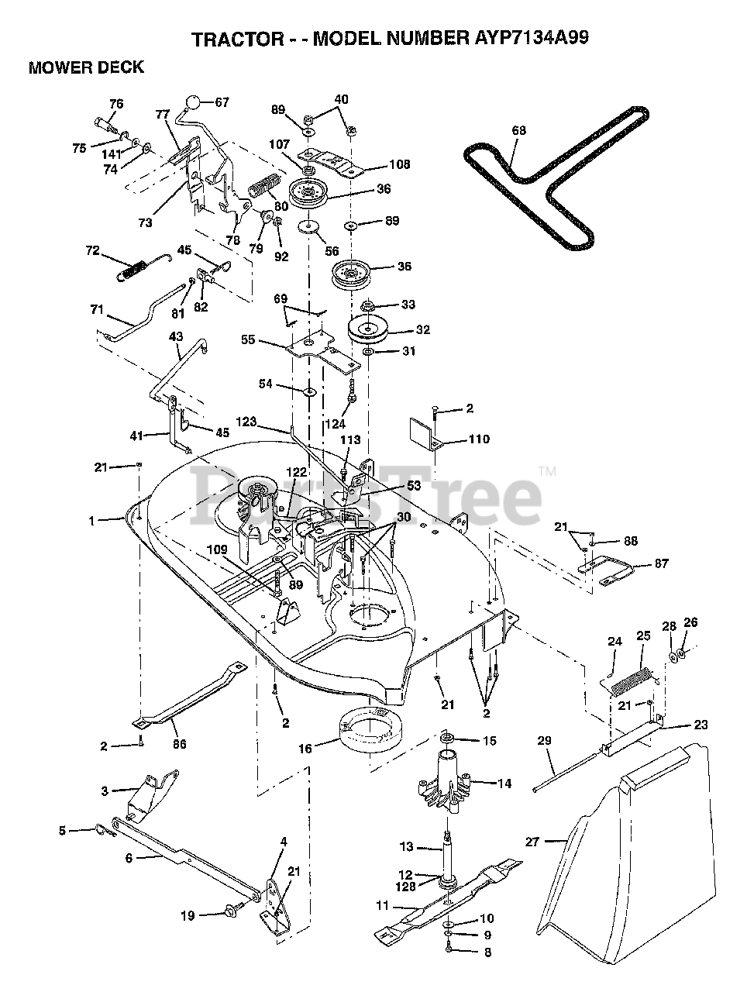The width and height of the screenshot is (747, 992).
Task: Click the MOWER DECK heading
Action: [x=86, y=67]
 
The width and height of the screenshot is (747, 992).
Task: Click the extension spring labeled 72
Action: [x=136, y=268]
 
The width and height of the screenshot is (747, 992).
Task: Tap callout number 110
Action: [x=478, y=439]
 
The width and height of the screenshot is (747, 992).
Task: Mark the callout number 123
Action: [x=267, y=422]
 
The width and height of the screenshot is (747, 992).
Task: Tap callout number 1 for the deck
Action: [x=91, y=521]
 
